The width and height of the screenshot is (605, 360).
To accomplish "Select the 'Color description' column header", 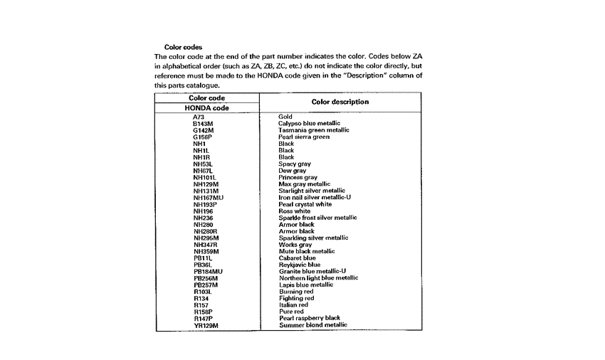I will pyautogui.click(x=340, y=102).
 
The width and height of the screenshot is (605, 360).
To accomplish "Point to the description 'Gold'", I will pyautogui.click(x=285, y=116).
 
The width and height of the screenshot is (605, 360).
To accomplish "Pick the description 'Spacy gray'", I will pyautogui.click(x=295, y=164).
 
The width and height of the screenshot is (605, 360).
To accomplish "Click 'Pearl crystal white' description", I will pyautogui.click(x=305, y=204).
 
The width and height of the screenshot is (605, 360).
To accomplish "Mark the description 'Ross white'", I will pyautogui.click(x=294, y=211).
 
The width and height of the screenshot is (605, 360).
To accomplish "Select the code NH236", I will pyautogui.click(x=203, y=218).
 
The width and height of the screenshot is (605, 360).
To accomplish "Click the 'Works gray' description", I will pyautogui.click(x=295, y=245).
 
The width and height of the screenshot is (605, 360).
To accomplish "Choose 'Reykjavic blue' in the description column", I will pyautogui.click(x=299, y=265).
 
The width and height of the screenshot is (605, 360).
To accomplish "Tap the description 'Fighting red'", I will pyautogui.click(x=296, y=298).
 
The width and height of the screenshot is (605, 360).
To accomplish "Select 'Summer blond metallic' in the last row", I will pyautogui.click(x=313, y=325).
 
